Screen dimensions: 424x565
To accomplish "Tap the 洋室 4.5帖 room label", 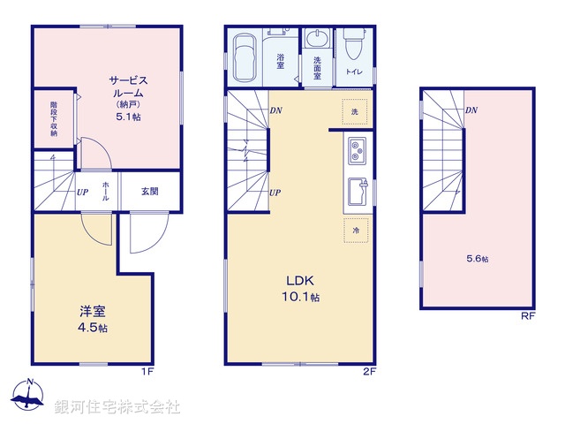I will click(93, 318).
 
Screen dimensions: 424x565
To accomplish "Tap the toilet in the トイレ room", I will click(353, 44).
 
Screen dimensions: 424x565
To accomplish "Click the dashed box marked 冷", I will click(355, 229).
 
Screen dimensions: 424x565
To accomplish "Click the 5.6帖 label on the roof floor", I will click(478, 259).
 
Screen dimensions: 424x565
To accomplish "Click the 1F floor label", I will click(147, 371).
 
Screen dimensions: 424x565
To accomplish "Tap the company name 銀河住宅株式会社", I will click(117, 406).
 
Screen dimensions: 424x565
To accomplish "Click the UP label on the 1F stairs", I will click(81, 191).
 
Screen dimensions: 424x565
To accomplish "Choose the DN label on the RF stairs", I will click(471, 110).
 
